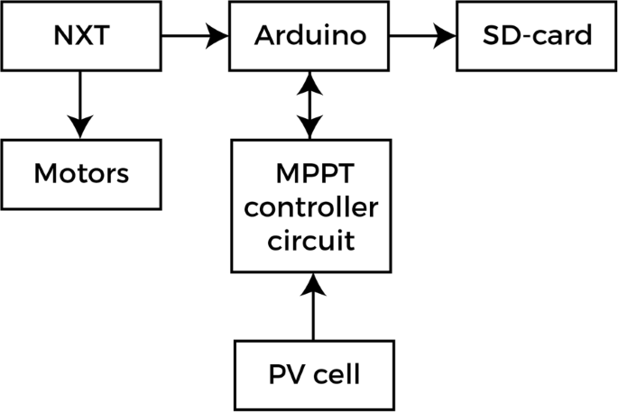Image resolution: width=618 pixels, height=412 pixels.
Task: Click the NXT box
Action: pyautogui.click(x=80, y=35)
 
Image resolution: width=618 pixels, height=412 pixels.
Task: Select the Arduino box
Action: pyautogui.click(x=310, y=35)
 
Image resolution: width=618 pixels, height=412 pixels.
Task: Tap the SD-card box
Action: pyautogui.click(x=537, y=35)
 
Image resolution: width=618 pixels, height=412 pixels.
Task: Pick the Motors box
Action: pyautogui.click(x=80, y=172)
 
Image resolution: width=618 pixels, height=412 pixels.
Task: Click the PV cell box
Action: pyautogui.click(x=314, y=372)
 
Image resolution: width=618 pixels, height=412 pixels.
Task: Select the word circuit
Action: pyautogui.click(x=312, y=241)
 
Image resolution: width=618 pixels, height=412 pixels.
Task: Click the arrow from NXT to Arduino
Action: pyautogui.click(x=195, y=36)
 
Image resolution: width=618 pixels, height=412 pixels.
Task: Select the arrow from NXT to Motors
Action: pyautogui.click(x=80, y=104)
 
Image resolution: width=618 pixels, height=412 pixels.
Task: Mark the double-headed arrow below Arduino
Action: pyautogui.click(x=311, y=105)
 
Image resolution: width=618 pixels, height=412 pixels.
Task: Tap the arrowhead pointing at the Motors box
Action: pyautogui.click(x=80, y=127)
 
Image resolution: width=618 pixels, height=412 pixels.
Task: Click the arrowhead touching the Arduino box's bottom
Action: pyautogui.click(x=311, y=82)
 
